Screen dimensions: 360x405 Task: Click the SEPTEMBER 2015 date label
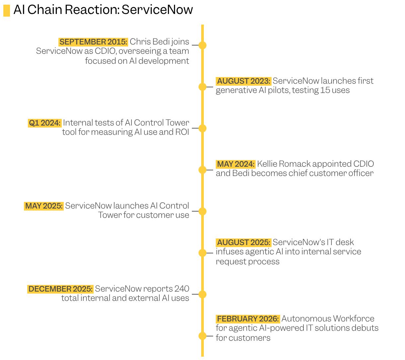(93, 42)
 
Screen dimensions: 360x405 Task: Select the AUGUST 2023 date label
(244, 81)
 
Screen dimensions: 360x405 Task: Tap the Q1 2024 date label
(45, 123)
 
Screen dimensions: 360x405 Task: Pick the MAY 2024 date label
(236, 164)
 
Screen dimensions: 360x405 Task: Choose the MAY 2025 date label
(44, 206)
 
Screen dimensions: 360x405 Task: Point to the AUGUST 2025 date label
(244, 242)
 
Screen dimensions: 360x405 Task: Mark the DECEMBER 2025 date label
(60, 289)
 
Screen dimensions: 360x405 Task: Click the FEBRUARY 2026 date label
(248, 319)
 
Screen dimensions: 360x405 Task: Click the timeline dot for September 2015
(202, 45)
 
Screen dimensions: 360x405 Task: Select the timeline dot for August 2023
(202, 87)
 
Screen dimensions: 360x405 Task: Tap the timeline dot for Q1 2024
(202, 128)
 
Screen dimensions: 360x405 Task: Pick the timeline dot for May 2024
(202, 170)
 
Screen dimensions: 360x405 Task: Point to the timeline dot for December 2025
(202, 294)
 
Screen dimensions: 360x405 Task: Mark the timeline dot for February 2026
(202, 336)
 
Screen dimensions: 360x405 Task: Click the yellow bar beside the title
(7, 11)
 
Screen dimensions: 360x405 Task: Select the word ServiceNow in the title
(157, 10)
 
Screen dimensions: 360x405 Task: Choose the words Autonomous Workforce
(328, 319)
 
